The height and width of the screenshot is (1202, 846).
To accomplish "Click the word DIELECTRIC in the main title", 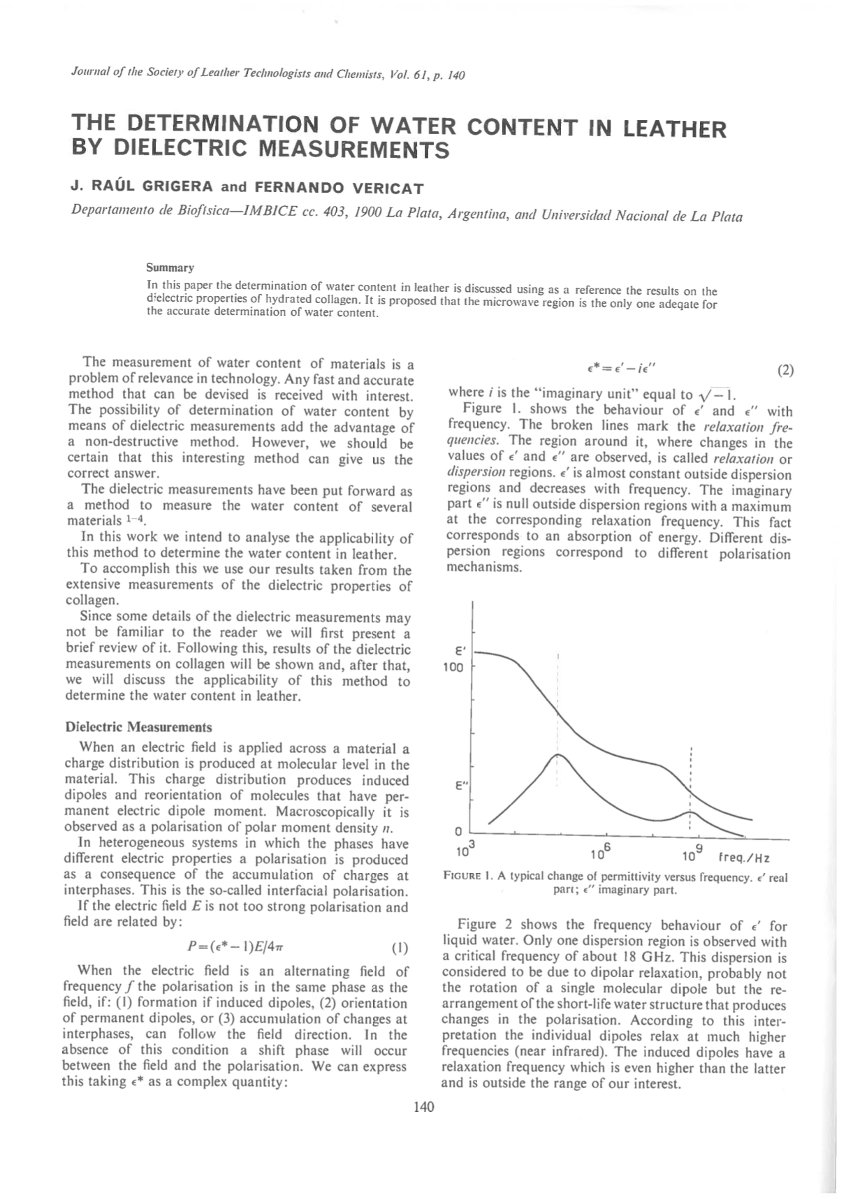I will click(x=179, y=149).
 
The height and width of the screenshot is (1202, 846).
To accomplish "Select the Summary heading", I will click(x=170, y=267).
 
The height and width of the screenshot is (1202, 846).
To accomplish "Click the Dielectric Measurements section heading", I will click(x=138, y=727).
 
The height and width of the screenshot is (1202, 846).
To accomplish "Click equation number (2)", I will click(x=785, y=370).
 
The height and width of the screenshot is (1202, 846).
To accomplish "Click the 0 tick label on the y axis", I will click(x=458, y=831).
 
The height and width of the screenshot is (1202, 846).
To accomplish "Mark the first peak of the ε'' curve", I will click(x=557, y=754).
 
